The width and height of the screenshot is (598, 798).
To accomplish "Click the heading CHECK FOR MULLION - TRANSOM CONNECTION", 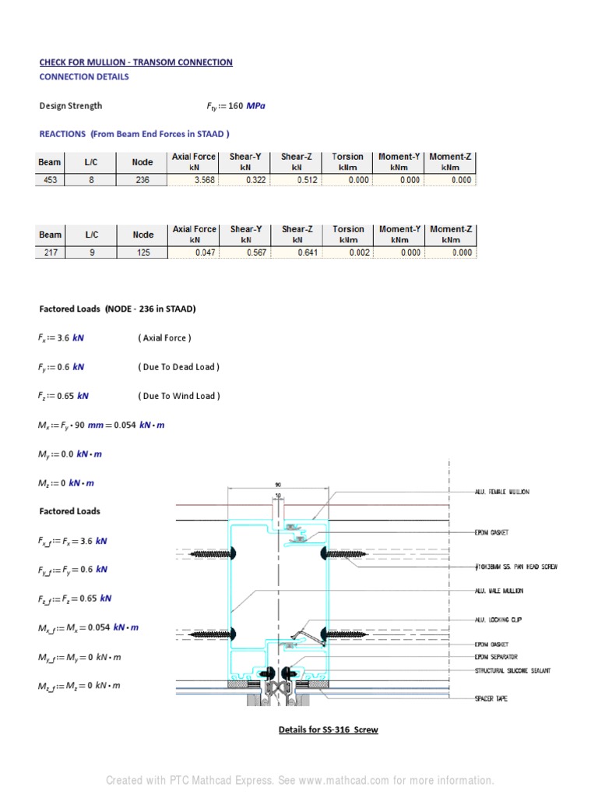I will coord(135,62).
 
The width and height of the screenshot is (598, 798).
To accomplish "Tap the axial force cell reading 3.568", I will coord(194,180).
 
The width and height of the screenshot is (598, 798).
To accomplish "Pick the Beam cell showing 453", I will coord(50,180).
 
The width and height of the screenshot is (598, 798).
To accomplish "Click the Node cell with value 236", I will coord(142,180).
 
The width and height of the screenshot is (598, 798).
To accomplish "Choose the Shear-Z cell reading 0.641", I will coord(297,252).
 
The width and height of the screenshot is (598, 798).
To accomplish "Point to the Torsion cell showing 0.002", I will coord(348,252).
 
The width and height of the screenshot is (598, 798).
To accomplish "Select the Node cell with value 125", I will coord(142,252).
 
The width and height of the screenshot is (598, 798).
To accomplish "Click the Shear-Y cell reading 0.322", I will coord(245,180).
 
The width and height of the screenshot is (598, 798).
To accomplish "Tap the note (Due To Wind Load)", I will coord(178,396).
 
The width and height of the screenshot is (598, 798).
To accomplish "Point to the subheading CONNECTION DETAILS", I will coord(84,77).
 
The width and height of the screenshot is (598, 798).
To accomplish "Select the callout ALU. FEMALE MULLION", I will coord(501,492).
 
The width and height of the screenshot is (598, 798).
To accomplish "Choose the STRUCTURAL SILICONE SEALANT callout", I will coord(512,670).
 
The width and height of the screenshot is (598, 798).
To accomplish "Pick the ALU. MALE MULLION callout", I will coord(499,591).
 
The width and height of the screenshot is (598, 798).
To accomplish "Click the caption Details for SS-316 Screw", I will coord(329,730).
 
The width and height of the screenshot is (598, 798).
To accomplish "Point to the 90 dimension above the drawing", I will coord(278,484).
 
